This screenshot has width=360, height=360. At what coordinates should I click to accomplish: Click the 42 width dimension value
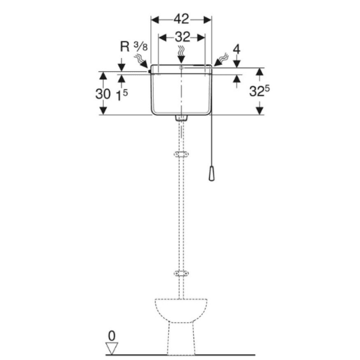tap(181, 19)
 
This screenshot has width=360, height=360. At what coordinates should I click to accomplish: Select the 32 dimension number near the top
tap(182, 37)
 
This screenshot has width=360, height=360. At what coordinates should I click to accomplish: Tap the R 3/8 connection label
tap(134, 47)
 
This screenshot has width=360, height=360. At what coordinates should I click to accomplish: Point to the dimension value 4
tap(237, 49)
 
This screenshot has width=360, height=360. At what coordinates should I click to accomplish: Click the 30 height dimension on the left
tap(103, 94)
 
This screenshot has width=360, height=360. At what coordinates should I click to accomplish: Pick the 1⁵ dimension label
tap(122, 95)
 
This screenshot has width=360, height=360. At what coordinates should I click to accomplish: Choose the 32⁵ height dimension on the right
tap(259, 91)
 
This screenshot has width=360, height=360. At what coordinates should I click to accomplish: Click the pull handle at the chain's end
tap(211, 173)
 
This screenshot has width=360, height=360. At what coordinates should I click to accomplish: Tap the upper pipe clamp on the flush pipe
tap(181, 154)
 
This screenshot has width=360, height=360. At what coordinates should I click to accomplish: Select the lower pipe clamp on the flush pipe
tap(181, 273)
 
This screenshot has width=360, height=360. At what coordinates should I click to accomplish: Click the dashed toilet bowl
tap(181, 326)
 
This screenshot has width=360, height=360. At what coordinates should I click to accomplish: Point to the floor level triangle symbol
tap(112, 348)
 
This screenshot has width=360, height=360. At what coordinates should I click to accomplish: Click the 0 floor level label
tap(112, 336)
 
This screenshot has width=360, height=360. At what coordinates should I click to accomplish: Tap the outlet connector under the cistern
tap(181, 117)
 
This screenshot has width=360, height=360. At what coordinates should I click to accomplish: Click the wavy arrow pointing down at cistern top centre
tap(181, 54)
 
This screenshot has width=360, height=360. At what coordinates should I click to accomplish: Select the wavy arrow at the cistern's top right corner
tap(221, 60)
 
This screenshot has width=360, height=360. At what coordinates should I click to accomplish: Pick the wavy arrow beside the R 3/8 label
tap(141, 61)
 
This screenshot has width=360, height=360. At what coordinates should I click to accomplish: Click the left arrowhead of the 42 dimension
tap(155, 20)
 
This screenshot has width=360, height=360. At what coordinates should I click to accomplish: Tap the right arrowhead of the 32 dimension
tap(201, 37)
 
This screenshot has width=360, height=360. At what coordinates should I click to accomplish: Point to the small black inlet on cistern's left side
tap(150, 71)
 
